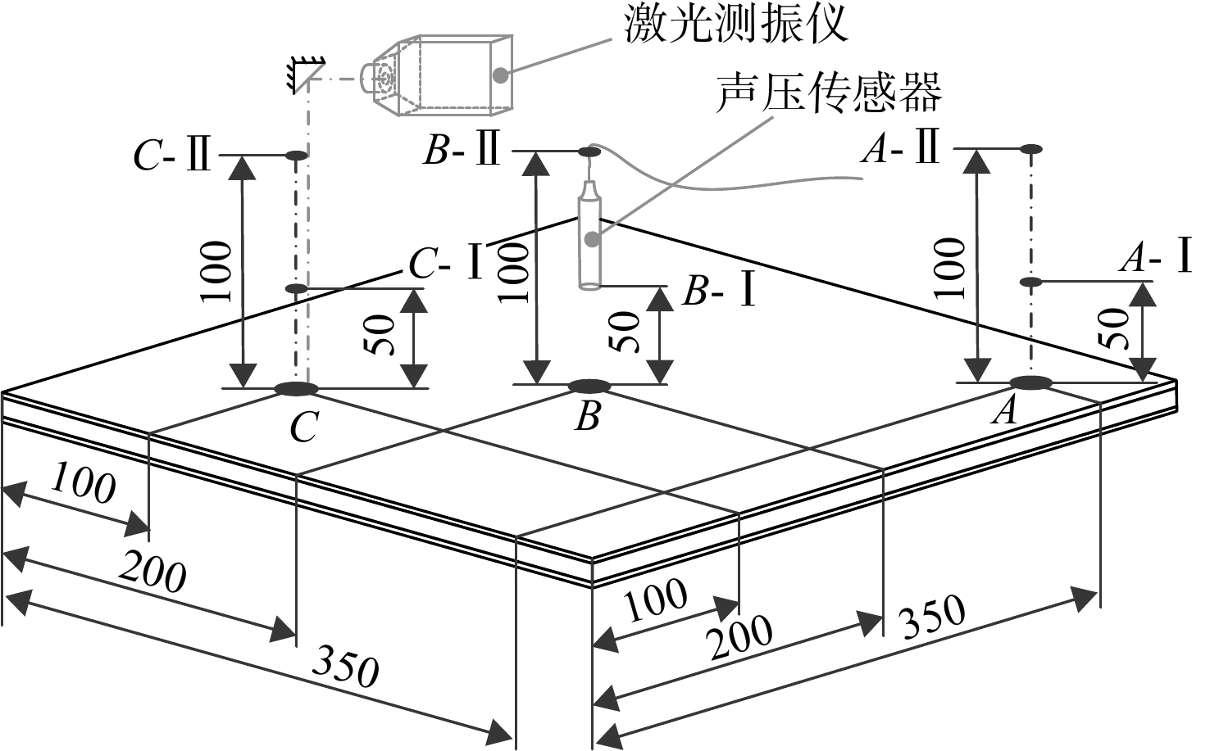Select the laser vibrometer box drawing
(x=436, y=75)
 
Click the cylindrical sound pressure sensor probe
(x=590, y=235)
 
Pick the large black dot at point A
(x=1031, y=383)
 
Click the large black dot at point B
(x=589, y=387)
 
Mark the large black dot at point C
(x=297, y=388)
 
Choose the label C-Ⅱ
(x=172, y=156)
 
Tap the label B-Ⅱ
(x=462, y=150)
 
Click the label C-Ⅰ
(x=446, y=263)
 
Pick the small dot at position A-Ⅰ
(x=1030, y=282)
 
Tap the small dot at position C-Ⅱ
(x=296, y=156)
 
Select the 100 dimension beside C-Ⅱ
(x=216, y=271)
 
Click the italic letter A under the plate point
(x=1004, y=410)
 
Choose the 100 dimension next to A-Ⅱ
(x=949, y=268)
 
